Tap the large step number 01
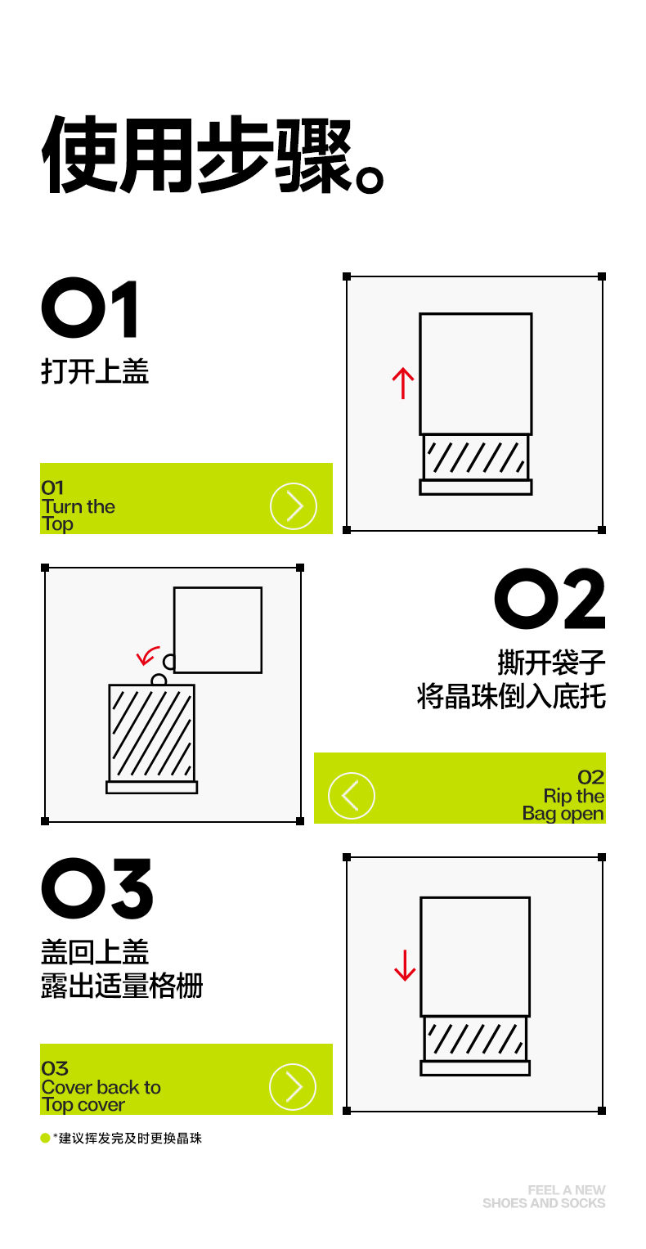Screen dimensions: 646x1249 click(x=89, y=308)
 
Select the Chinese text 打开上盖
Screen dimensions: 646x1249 click(x=95, y=371)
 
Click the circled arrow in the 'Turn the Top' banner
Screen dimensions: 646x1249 click(x=294, y=506)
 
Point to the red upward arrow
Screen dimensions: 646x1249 click(x=403, y=383)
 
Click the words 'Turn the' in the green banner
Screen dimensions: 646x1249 click(x=78, y=506)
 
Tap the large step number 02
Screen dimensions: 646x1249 click(x=550, y=599)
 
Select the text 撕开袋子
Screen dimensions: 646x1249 click(x=551, y=663)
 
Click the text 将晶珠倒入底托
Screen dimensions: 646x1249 click(x=511, y=696)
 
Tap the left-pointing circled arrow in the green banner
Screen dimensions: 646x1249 click(x=351, y=796)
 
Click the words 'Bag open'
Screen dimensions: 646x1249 click(x=563, y=814)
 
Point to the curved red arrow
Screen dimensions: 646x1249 click(x=148, y=655)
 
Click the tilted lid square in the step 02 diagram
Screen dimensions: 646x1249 click(x=218, y=630)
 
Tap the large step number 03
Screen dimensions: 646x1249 click(x=97, y=889)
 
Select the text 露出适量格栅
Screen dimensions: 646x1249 click(x=122, y=986)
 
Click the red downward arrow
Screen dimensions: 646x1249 click(x=405, y=965)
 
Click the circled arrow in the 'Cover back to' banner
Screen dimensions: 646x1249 click(x=293, y=1087)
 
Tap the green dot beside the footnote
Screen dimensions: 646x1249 click(x=45, y=1138)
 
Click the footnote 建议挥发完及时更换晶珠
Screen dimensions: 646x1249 click(x=130, y=1138)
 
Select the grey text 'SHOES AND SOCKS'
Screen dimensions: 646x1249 click(x=544, y=1202)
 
